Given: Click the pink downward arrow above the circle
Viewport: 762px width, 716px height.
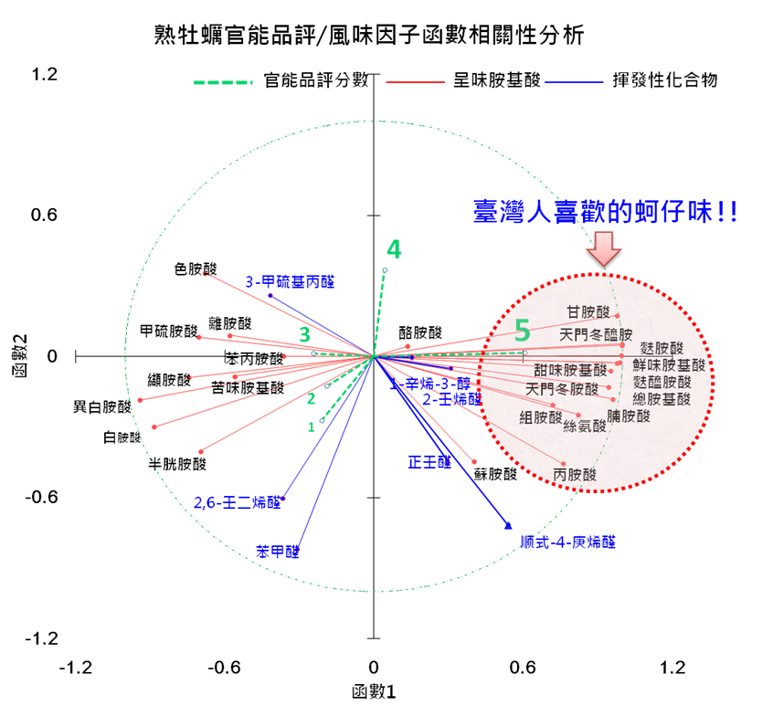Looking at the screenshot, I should pyautogui.click(x=604, y=248).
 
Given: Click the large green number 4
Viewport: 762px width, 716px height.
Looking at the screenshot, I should pyautogui.click(x=394, y=249).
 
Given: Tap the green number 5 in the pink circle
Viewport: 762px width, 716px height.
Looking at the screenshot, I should pyautogui.click(x=522, y=331).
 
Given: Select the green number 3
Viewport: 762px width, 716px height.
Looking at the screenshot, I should pyautogui.click(x=304, y=335).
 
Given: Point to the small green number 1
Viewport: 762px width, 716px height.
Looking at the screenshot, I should pyautogui.click(x=311, y=426).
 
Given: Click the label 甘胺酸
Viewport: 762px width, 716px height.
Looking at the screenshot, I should pyautogui.click(x=587, y=312).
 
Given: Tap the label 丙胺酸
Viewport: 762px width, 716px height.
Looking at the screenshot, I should pyautogui.click(x=575, y=475).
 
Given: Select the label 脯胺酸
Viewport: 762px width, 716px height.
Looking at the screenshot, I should pyautogui.click(x=629, y=416).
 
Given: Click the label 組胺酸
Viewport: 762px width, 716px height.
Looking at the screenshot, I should pyautogui.click(x=541, y=417).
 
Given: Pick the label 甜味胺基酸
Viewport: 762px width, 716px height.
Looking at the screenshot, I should pyautogui.click(x=570, y=370).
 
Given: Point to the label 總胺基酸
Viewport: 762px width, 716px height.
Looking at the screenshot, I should pyautogui.click(x=661, y=399).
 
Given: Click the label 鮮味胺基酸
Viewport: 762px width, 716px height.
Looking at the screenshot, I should pyautogui.click(x=669, y=365).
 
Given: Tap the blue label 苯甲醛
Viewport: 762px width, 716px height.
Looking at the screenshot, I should pyautogui.click(x=277, y=552).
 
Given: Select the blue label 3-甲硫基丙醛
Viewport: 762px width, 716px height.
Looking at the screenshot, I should pyautogui.click(x=290, y=281).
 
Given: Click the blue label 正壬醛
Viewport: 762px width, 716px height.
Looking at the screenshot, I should pyautogui.click(x=429, y=462).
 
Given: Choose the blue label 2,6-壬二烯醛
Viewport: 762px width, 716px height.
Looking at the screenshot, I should pyautogui.click(x=237, y=502).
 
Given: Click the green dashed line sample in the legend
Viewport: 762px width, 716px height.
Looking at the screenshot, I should pyautogui.click(x=222, y=82).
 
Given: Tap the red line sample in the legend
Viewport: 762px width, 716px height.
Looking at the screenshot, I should pyautogui.click(x=416, y=82).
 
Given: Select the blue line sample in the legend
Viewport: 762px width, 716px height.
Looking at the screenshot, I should pyautogui.click(x=574, y=82).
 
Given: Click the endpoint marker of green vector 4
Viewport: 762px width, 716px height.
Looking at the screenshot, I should pyautogui.click(x=385, y=270).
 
